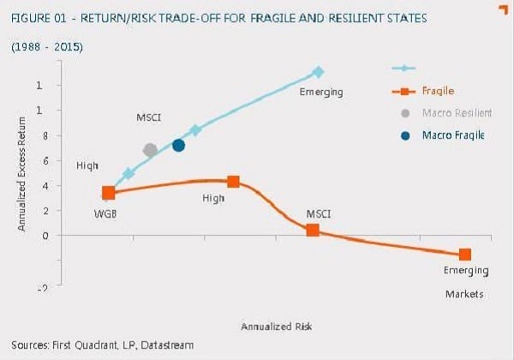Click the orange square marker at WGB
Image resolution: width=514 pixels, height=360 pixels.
(x=108, y=193)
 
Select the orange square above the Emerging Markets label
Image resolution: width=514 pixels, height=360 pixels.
(x=465, y=255)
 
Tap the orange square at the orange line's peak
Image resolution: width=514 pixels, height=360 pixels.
(x=233, y=182)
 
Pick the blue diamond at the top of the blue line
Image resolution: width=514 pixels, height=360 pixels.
(x=318, y=72)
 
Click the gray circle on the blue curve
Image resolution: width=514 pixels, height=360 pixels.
(x=151, y=150)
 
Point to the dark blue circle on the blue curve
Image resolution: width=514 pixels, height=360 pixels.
(x=178, y=145)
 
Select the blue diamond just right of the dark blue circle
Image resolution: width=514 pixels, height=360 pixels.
(x=195, y=130)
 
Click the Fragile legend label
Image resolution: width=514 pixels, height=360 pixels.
(x=438, y=90)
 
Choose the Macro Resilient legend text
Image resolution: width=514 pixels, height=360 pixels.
(x=457, y=112)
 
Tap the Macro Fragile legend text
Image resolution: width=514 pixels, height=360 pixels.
(x=453, y=135)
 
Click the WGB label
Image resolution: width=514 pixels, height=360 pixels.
(x=105, y=212)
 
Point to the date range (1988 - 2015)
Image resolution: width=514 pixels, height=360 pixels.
(x=46, y=45)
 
